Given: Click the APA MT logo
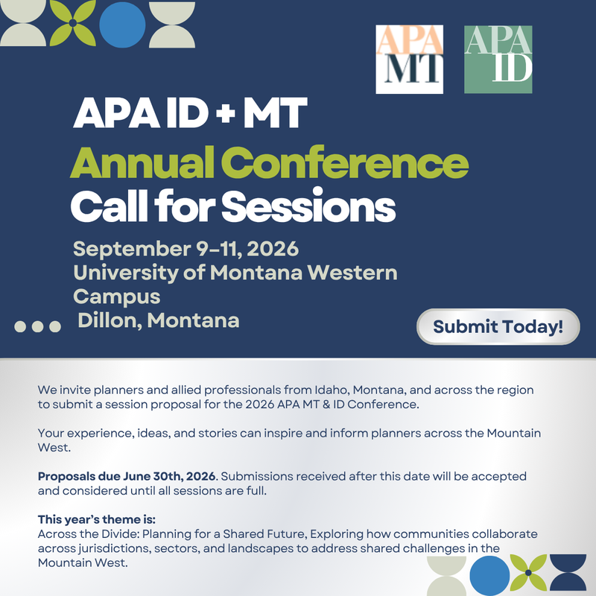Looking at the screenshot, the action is (x=409, y=60).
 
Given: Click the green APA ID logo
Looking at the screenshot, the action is (x=498, y=60).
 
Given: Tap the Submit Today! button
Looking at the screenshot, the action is (x=498, y=327).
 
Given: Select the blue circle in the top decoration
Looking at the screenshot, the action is (x=122, y=25).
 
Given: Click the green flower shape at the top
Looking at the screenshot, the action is (x=73, y=23).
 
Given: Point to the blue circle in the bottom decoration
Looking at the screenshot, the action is (x=489, y=575).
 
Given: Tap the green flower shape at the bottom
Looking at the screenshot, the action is (x=528, y=572).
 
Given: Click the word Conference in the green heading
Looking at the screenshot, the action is (x=345, y=162).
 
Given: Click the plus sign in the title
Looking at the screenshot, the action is (x=226, y=113).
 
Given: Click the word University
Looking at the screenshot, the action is (x=126, y=273).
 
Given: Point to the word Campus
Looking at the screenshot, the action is (x=117, y=297).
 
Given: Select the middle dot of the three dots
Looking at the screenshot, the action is (x=38, y=326).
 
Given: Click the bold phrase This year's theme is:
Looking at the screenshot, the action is (x=97, y=519).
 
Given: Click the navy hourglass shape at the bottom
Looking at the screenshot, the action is (x=568, y=573).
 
